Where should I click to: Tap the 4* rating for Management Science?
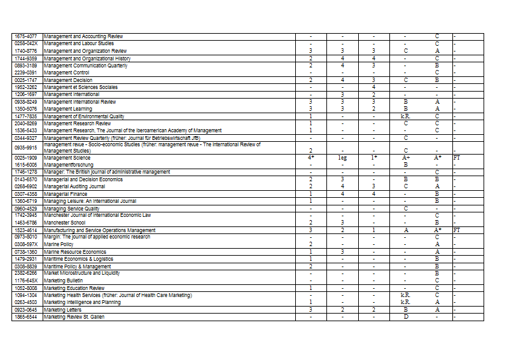(310, 157)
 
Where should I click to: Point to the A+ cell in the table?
(405, 157)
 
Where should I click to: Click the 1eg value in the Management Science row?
(342, 157)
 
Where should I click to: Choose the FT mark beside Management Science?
(456, 157)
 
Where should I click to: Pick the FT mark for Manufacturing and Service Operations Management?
(456, 230)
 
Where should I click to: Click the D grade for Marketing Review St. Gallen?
(405, 317)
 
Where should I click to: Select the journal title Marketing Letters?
(63, 310)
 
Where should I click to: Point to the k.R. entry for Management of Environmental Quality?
(405, 116)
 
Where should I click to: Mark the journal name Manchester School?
(64, 223)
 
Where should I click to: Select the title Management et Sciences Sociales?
(81, 87)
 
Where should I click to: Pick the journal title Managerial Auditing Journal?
(75, 186)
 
